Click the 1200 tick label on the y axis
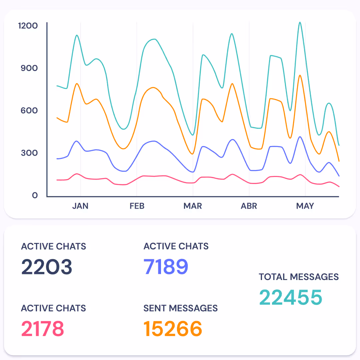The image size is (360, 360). [28, 26]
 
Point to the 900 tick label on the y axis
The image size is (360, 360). [29, 68]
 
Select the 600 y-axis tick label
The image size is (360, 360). [29, 110]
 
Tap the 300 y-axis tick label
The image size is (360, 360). [29, 153]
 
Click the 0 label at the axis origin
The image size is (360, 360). [35, 195]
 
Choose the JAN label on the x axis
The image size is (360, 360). [80, 206]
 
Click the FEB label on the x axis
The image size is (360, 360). [137, 206]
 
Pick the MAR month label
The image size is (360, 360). [193, 206]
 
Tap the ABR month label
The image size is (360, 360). [249, 206]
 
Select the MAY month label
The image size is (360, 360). [305, 206]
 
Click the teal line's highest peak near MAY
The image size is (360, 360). [300, 23]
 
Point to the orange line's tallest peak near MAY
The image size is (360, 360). [300, 75]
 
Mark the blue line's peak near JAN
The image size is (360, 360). [77, 141]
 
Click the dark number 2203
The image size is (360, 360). [47, 267]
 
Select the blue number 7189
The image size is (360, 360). [166, 267]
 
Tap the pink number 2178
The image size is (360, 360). [43, 329]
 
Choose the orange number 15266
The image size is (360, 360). [173, 329]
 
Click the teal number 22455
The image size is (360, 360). [291, 297]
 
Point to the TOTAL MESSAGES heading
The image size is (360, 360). [299, 277]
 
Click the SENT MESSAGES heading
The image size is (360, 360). [180, 308]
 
